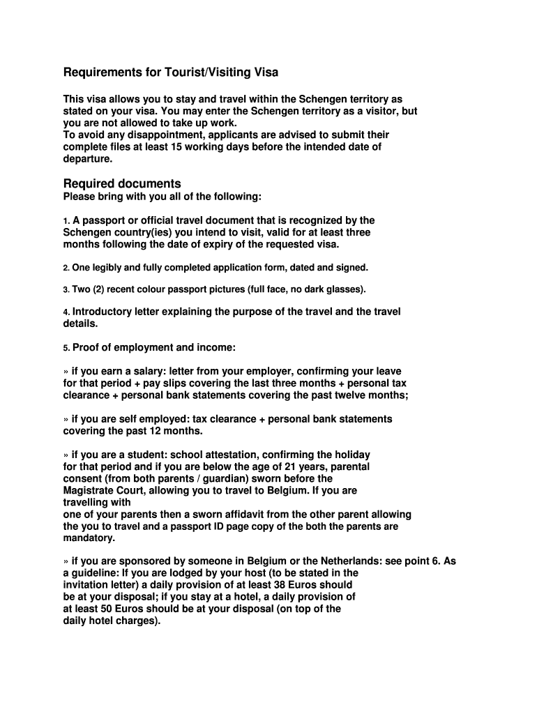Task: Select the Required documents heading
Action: pos(122,183)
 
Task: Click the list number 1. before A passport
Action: pos(66,221)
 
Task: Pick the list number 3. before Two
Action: pos(66,289)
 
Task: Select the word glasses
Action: pos(344,289)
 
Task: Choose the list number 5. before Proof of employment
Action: pos(66,348)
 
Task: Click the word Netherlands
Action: pos(352,561)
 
